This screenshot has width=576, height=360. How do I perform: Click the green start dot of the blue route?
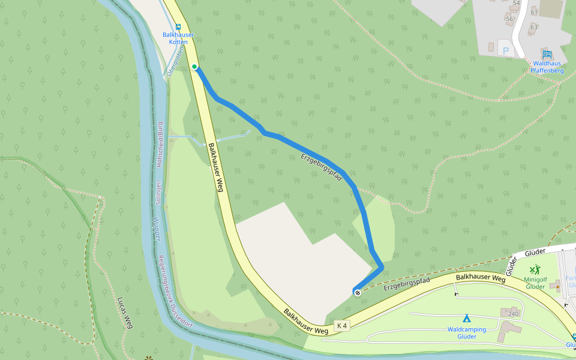click(x=194, y=67)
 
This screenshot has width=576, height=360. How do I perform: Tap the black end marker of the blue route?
click(x=358, y=292)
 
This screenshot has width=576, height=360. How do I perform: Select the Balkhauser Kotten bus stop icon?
click(x=178, y=26)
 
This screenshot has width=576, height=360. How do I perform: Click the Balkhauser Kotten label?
click(x=178, y=38)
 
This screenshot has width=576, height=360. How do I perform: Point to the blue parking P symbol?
click(x=505, y=52)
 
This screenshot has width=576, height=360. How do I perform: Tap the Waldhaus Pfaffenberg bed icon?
click(x=547, y=55)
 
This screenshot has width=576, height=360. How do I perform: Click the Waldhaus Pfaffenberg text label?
click(x=547, y=67)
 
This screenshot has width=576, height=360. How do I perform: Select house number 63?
click(x=534, y=27)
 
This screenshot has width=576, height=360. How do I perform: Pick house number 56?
click(x=509, y=19)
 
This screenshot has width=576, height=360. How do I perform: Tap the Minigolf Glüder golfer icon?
click(x=535, y=270)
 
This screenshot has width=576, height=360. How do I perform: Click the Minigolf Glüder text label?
click(x=535, y=283)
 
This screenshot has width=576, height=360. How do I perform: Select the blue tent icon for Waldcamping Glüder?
click(x=466, y=318)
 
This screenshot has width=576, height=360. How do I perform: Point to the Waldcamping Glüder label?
click(x=467, y=333)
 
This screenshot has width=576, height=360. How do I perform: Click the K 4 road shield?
click(x=342, y=325)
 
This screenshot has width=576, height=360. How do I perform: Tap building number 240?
click(x=512, y=314)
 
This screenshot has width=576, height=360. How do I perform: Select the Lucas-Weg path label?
click(x=125, y=313)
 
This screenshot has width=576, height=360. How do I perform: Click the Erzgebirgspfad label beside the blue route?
click(x=320, y=167)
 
